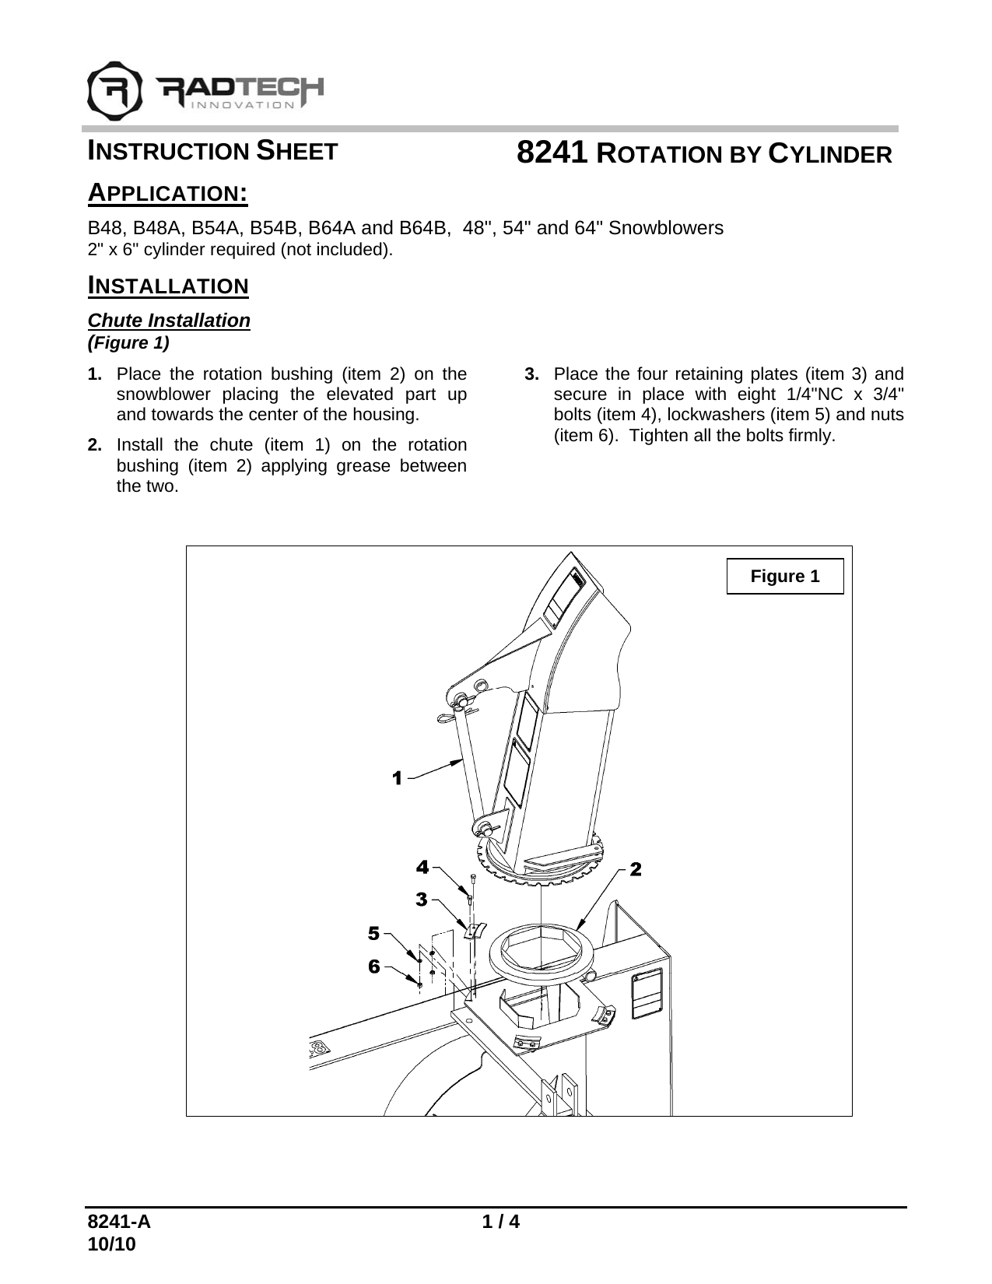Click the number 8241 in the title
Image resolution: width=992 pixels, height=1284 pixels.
click(x=552, y=153)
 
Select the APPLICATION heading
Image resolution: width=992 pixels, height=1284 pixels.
click(x=167, y=192)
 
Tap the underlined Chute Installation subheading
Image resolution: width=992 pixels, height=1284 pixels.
click(x=169, y=321)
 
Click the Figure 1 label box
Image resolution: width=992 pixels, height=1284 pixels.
click(x=784, y=576)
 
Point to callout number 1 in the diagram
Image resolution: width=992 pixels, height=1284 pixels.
click(x=398, y=777)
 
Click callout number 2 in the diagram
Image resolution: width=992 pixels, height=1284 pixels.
click(x=636, y=868)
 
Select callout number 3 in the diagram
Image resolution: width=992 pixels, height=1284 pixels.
click(x=421, y=900)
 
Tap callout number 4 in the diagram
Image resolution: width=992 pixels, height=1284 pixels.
click(x=422, y=866)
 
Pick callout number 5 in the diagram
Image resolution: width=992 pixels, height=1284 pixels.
click(x=374, y=932)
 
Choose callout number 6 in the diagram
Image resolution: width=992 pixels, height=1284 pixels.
click(x=374, y=966)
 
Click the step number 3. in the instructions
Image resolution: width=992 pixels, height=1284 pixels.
click(x=532, y=374)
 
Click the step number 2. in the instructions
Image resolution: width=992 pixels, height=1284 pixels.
click(x=95, y=446)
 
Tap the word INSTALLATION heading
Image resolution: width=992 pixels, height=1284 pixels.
click(x=168, y=286)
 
